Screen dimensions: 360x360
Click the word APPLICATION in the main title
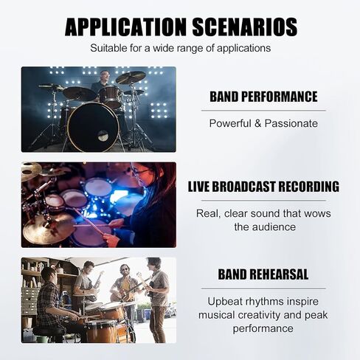[x=125, y=27]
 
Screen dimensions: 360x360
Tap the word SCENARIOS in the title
[x=245, y=27]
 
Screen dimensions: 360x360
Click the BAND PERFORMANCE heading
[x=263, y=97]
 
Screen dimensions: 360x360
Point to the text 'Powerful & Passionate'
[x=263, y=123]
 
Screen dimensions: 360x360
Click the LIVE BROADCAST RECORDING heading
[x=263, y=187]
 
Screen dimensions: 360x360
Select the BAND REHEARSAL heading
[x=263, y=274]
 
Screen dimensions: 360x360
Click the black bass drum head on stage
[x=93, y=127]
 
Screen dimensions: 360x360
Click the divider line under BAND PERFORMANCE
[x=263, y=111]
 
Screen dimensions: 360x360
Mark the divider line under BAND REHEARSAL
[x=263, y=288]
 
